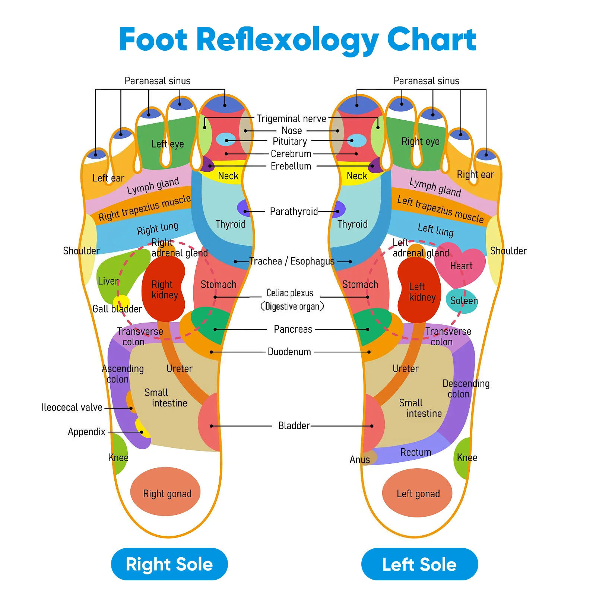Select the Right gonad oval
(165, 492)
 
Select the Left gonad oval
(417, 493)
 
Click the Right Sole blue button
(169, 564)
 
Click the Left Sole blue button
(419, 564)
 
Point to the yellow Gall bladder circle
(121, 302)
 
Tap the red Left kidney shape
(419, 291)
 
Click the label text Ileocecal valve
(72, 408)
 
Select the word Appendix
(87, 432)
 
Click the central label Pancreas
(293, 329)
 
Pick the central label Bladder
(294, 426)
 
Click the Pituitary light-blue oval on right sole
(226, 140)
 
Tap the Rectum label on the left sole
(416, 452)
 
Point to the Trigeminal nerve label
(291, 119)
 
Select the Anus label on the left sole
(359, 460)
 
